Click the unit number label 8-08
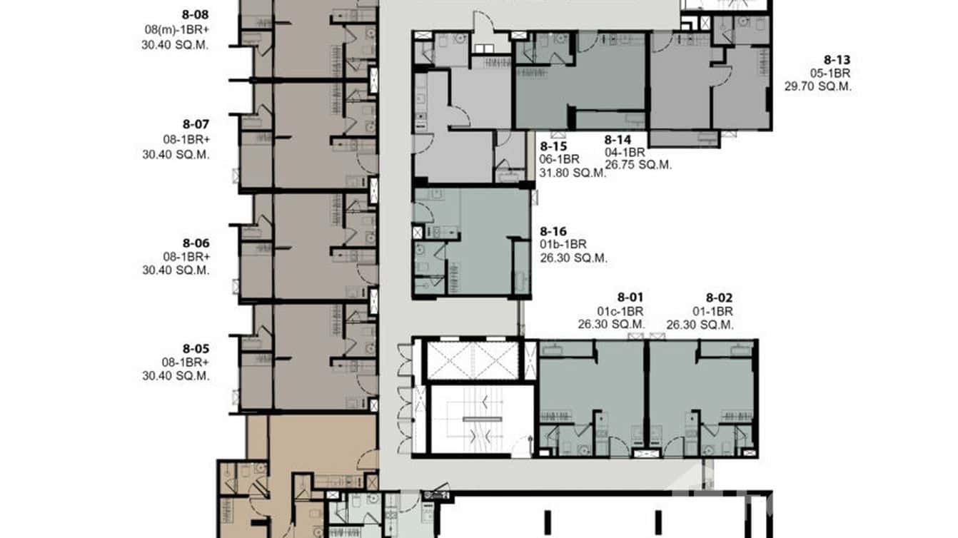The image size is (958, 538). point(195,13)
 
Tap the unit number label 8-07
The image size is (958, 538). point(195,123)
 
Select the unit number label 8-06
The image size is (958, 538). point(195,243)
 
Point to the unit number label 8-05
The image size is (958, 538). point(195,348)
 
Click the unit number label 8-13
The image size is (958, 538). point(837,60)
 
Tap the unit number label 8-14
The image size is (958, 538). point(618,140)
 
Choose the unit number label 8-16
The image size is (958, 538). point(553,231)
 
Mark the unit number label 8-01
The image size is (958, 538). point(630,298)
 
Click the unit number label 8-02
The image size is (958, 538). point(719,298)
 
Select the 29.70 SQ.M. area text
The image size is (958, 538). point(818,87)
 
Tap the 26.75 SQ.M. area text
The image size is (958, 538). point(638,165)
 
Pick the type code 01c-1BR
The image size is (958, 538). point(620,311)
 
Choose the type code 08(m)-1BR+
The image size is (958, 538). point(176,29)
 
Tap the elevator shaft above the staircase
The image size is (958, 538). point(472,360)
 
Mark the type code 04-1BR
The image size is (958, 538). point(625,152)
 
